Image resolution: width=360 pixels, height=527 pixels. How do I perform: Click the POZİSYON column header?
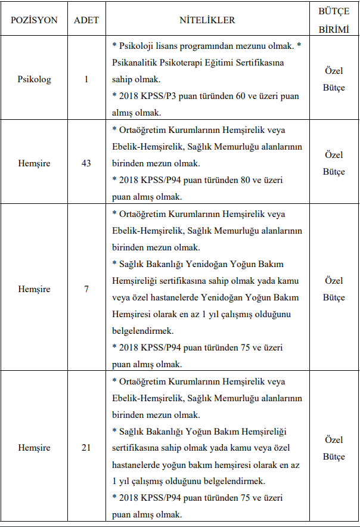[x=34, y=20]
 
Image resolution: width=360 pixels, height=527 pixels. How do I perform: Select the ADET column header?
[x=86, y=20]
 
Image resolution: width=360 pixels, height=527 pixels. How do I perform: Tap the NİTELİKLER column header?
[x=207, y=20]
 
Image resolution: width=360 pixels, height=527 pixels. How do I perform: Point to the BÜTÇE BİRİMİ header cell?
[x=334, y=20]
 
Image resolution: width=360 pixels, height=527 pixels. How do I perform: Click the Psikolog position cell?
[x=34, y=79]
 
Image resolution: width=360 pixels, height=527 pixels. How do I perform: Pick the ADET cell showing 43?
[x=86, y=163]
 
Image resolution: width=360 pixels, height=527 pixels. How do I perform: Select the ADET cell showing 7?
[x=86, y=289]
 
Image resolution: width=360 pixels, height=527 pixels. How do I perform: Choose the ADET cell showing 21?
[x=86, y=448]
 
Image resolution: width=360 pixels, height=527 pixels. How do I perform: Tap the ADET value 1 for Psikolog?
[x=86, y=79]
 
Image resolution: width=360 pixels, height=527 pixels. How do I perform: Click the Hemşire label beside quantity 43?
[x=34, y=163]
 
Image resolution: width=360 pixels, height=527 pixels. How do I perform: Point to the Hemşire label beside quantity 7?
[x=34, y=289]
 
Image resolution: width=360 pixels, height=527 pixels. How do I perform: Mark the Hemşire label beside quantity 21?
[x=34, y=448]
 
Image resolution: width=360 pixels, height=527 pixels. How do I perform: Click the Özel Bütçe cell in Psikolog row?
[x=334, y=79]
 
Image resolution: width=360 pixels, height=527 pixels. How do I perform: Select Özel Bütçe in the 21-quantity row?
[x=334, y=448]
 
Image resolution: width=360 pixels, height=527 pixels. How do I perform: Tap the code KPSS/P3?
[x=157, y=96]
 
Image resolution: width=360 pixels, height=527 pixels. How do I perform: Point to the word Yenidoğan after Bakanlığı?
[x=211, y=264]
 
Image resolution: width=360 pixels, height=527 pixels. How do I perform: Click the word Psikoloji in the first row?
[x=136, y=46]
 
